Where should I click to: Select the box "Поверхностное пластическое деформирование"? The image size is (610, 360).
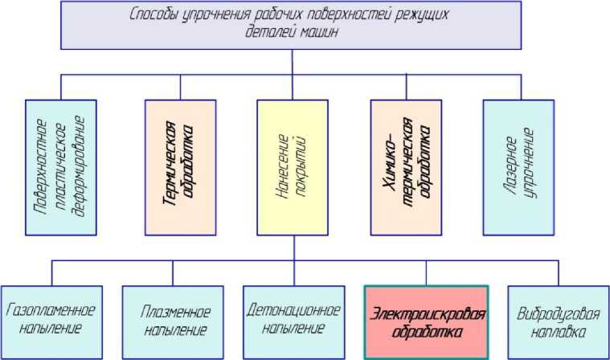[x=60, y=167]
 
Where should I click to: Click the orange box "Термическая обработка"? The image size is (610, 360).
[x=179, y=167]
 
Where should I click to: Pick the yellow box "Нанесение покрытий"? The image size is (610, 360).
[x=293, y=167]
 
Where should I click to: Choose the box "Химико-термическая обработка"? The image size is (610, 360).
[x=406, y=167]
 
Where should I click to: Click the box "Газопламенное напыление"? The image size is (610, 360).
[x=51, y=321]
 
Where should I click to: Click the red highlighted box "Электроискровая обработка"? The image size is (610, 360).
[x=426, y=321]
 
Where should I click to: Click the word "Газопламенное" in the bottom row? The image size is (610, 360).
[x=51, y=311]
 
